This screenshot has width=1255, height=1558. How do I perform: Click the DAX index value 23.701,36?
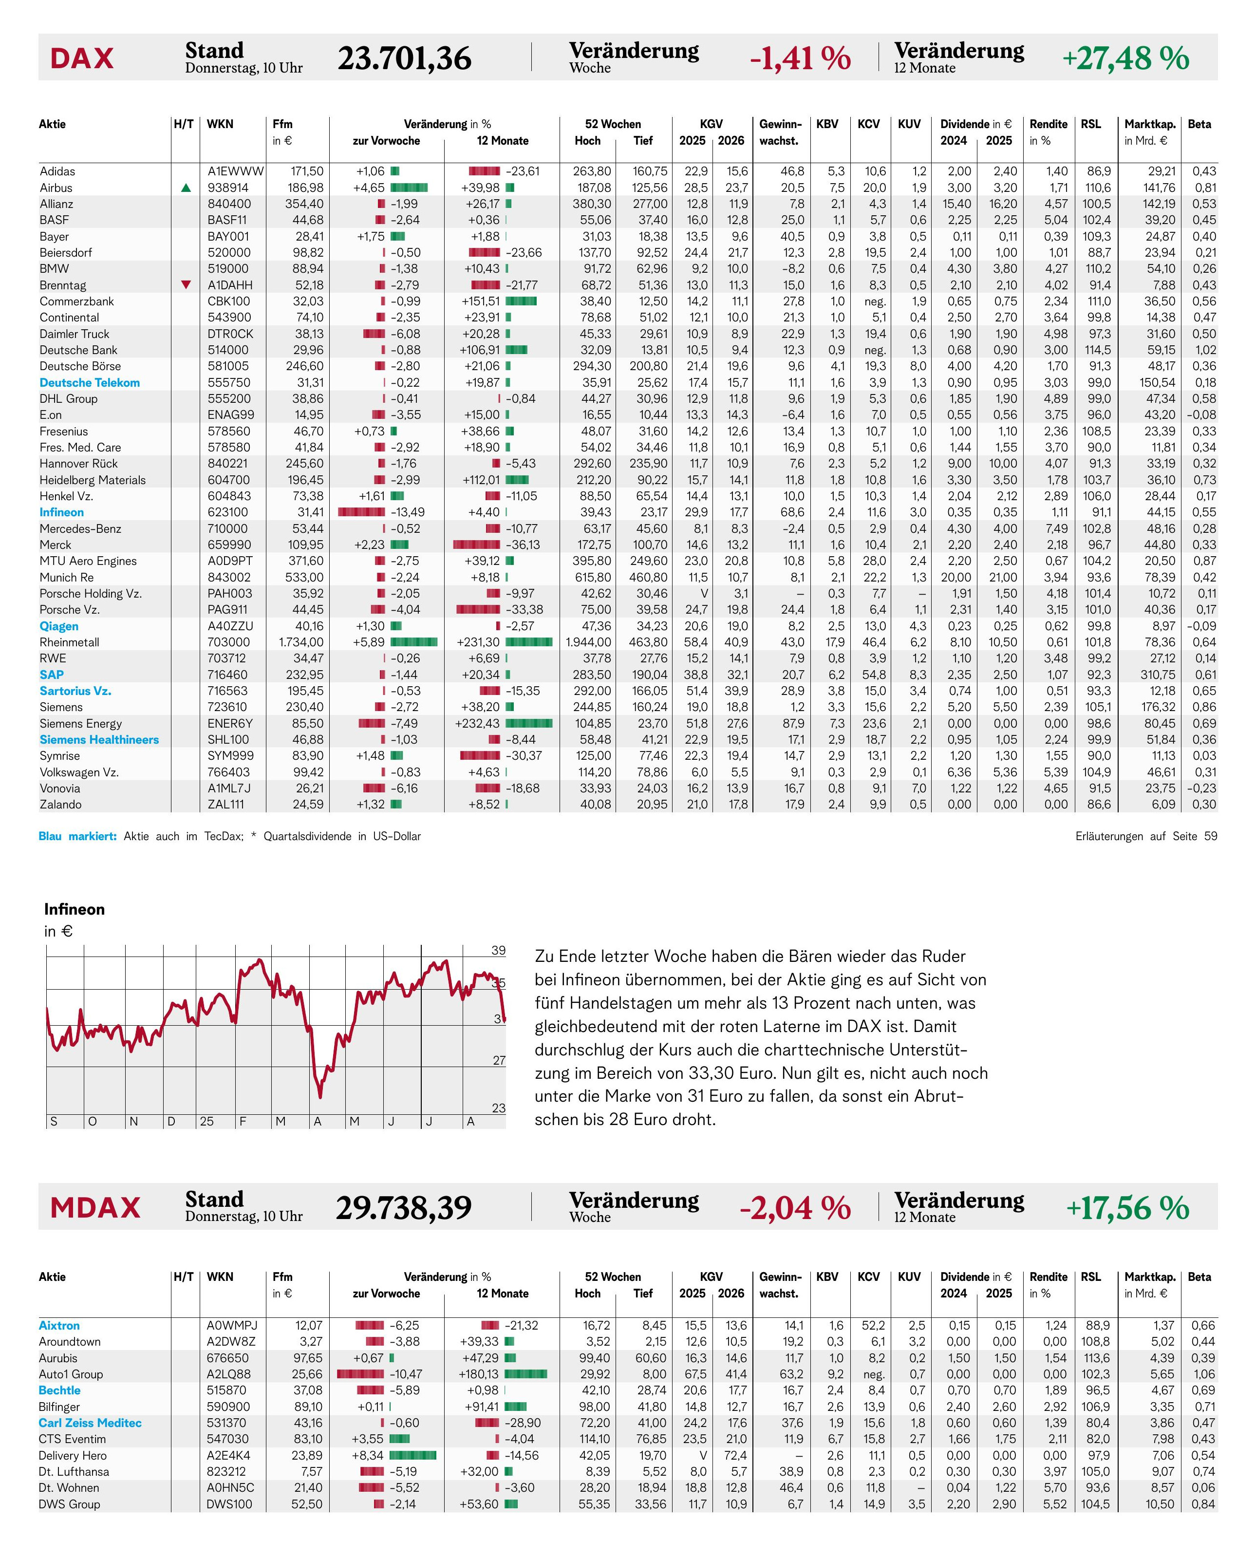404,58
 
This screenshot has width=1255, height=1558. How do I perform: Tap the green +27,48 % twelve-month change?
1125,58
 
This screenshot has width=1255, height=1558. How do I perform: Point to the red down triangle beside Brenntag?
186,285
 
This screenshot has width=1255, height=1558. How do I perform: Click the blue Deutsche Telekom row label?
90,382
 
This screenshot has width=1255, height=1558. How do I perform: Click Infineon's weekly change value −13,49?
408,512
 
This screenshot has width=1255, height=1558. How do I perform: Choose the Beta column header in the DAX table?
1199,124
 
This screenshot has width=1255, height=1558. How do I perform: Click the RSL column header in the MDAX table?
1091,1277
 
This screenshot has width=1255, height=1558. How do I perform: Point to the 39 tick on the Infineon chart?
499,951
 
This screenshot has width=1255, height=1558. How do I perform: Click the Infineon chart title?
75,909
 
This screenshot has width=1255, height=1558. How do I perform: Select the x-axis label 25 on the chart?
207,1121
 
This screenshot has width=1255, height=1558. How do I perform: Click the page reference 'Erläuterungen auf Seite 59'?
1146,837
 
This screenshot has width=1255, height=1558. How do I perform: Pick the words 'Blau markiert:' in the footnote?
78,837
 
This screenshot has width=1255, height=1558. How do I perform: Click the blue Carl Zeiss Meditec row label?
91,1423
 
